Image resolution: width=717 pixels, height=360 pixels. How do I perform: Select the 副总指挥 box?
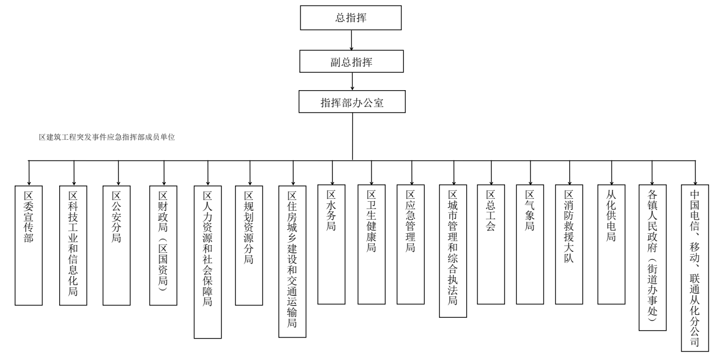coord(352,60)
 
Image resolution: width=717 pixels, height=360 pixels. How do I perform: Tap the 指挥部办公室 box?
coord(352,103)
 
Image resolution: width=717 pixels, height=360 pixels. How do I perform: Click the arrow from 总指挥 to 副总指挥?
coord(351,39)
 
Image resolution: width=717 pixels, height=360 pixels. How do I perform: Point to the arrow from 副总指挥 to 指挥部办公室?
coord(352,81)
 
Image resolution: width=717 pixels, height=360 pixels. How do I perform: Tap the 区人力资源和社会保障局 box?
coord(207,261)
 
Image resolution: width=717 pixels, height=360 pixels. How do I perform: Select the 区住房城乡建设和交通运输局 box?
coord(293,261)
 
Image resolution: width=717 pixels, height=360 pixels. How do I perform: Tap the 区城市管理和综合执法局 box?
coord(453,251)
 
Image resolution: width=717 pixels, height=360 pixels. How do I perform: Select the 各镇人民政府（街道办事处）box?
coord(652,256)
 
